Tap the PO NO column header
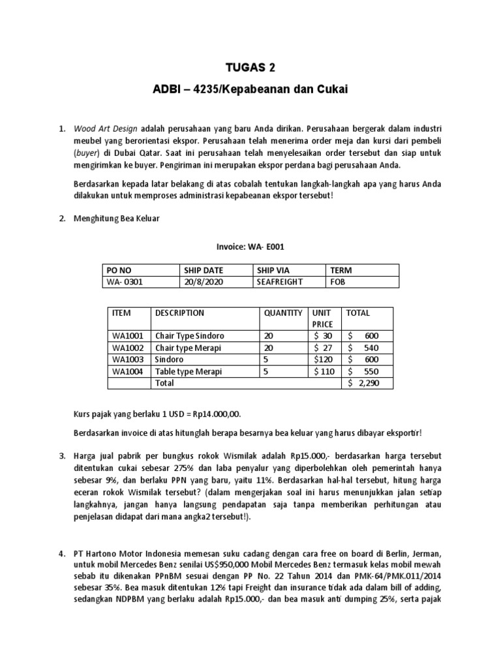118,271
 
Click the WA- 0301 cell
125,282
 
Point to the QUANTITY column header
283,313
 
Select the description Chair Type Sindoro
190,336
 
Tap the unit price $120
324,359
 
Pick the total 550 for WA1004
369,371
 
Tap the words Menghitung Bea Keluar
117,219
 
